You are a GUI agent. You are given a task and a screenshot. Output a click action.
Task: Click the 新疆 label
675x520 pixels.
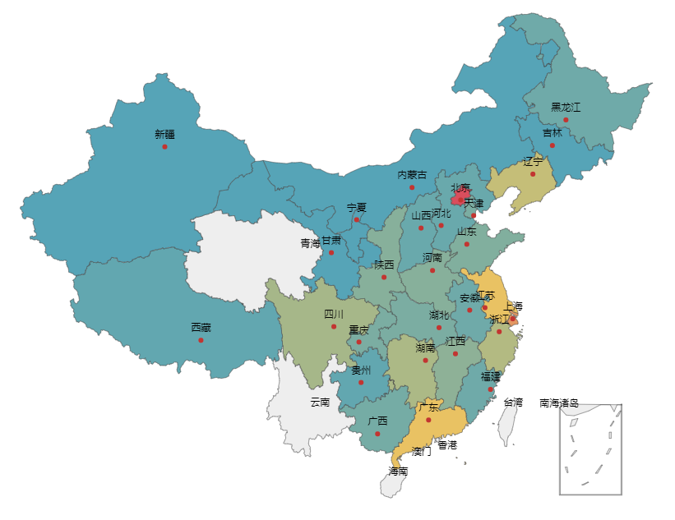pyautogui.click(x=164, y=134)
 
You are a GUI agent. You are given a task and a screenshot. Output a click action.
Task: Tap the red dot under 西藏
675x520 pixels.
pyautogui.click(x=201, y=340)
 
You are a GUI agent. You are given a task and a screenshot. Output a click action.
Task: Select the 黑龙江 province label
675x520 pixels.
pyautogui.click(x=566, y=108)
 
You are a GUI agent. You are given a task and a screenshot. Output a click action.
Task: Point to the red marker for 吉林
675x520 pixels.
pyautogui.click(x=552, y=145)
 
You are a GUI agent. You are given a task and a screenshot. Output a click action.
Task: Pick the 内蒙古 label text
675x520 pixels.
pyautogui.click(x=412, y=175)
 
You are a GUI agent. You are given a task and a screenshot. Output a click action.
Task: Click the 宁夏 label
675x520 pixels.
pyautogui.click(x=356, y=208)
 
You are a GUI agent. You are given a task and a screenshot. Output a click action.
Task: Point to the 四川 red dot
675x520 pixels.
pyautogui.click(x=334, y=327)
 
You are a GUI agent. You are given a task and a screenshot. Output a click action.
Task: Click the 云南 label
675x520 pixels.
pyautogui.click(x=320, y=402)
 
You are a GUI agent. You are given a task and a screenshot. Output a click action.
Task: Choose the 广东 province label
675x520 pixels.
pyautogui.click(x=428, y=407)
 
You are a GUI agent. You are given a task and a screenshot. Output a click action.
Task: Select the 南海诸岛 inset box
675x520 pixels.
pyautogui.click(x=590, y=449)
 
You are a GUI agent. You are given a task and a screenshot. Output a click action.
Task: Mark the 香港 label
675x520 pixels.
pyautogui.click(x=447, y=444)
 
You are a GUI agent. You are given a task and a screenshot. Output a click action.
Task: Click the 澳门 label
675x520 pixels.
pyautogui.click(x=421, y=451)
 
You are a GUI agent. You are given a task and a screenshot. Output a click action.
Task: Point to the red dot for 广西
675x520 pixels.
pyautogui.click(x=377, y=434)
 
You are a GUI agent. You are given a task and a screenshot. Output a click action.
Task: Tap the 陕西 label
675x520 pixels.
pyautogui.click(x=384, y=265)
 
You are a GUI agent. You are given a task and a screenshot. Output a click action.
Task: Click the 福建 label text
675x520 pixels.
pyautogui.click(x=490, y=376)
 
